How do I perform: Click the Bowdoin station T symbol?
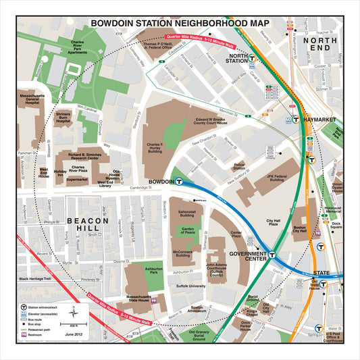tap(179, 181)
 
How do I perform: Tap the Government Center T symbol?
tap(272, 255)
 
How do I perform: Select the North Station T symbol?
tap(252, 59)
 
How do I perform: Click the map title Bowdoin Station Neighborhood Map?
tap(179, 23)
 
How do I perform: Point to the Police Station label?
tap(239, 167)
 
